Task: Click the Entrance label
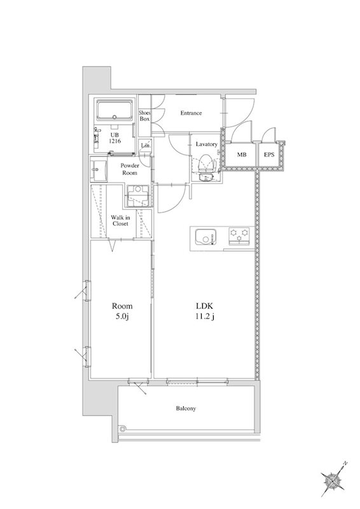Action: tap(191, 113)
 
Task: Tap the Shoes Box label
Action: tap(145, 116)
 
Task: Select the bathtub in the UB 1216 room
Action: tap(115, 111)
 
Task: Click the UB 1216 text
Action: tap(115, 137)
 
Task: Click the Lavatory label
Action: tap(207, 144)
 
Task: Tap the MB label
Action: tap(241, 155)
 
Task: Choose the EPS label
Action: tap(269, 155)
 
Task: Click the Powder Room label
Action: tap(130, 169)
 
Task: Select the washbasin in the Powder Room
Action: tap(99, 169)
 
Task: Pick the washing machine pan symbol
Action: tap(138, 196)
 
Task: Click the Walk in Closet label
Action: tap(120, 220)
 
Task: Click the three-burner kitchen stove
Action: tap(239, 236)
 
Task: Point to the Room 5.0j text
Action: tap(122, 311)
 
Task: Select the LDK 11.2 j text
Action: tap(205, 311)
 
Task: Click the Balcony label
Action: tap(186, 408)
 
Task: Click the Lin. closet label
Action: tap(146, 146)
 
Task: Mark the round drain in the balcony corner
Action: tap(122, 428)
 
